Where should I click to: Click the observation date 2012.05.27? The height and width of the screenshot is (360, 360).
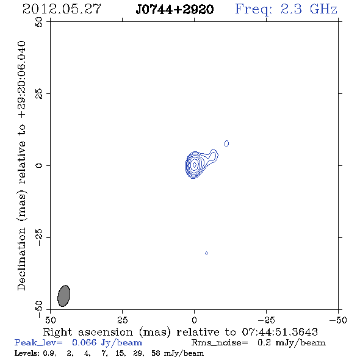pos(62,9)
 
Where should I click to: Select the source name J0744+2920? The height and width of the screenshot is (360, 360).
pos(175,9)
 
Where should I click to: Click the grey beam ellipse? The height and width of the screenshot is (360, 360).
pos(63,296)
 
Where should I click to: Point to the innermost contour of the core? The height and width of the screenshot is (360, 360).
pos(194,165)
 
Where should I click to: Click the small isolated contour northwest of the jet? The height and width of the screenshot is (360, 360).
pos(226,143)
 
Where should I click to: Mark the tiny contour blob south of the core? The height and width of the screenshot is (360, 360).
pos(206,253)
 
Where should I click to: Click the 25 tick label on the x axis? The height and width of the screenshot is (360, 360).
pos(122,320)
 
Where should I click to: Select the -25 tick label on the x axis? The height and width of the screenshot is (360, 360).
pos(266,320)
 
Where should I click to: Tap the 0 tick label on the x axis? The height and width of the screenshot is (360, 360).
pos(194,320)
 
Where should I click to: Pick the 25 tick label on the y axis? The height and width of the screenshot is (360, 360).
pos(39,94)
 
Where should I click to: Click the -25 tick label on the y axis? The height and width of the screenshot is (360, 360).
pos(39,237)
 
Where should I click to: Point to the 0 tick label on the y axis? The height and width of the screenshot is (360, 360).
pos(39,165)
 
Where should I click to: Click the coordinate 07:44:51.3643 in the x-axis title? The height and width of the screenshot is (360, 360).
pos(279,332)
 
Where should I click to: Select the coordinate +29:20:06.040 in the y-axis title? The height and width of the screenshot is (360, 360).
pos(21,79)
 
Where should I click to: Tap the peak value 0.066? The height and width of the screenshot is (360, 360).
pos(84,342)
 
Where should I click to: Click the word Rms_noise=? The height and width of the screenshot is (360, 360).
pos(220,343)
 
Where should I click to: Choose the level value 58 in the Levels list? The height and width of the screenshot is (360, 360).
pos(156,353)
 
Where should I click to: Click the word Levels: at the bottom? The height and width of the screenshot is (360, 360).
pos(26,353)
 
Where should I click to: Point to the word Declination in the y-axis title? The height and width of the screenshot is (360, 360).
pos(21,259)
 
